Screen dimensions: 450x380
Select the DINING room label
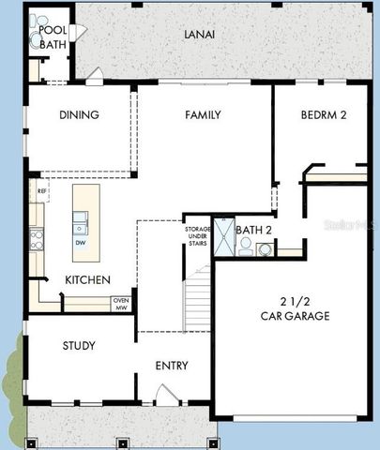pyautogui.click(x=79, y=115)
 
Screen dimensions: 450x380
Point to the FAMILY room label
pyautogui.click(x=203, y=115)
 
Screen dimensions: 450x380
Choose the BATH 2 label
pyautogui.click(x=253, y=230)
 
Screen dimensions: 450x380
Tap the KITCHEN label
pyautogui.click(x=87, y=279)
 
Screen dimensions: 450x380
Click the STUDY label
pyautogui.click(x=79, y=346)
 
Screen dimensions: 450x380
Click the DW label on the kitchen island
pyautogui.click(x=81, y=243)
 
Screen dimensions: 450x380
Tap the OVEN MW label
pyautogui.click(x=121, y=304)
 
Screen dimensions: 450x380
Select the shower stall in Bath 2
pyautogui.click(x=223, y=236)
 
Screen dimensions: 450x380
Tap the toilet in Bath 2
pyautogui.click(x=246, y=246)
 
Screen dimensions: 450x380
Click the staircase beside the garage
pyautogui.click(x=198, y=298)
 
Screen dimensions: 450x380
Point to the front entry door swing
pyautogui.click(x=165, y=395)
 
